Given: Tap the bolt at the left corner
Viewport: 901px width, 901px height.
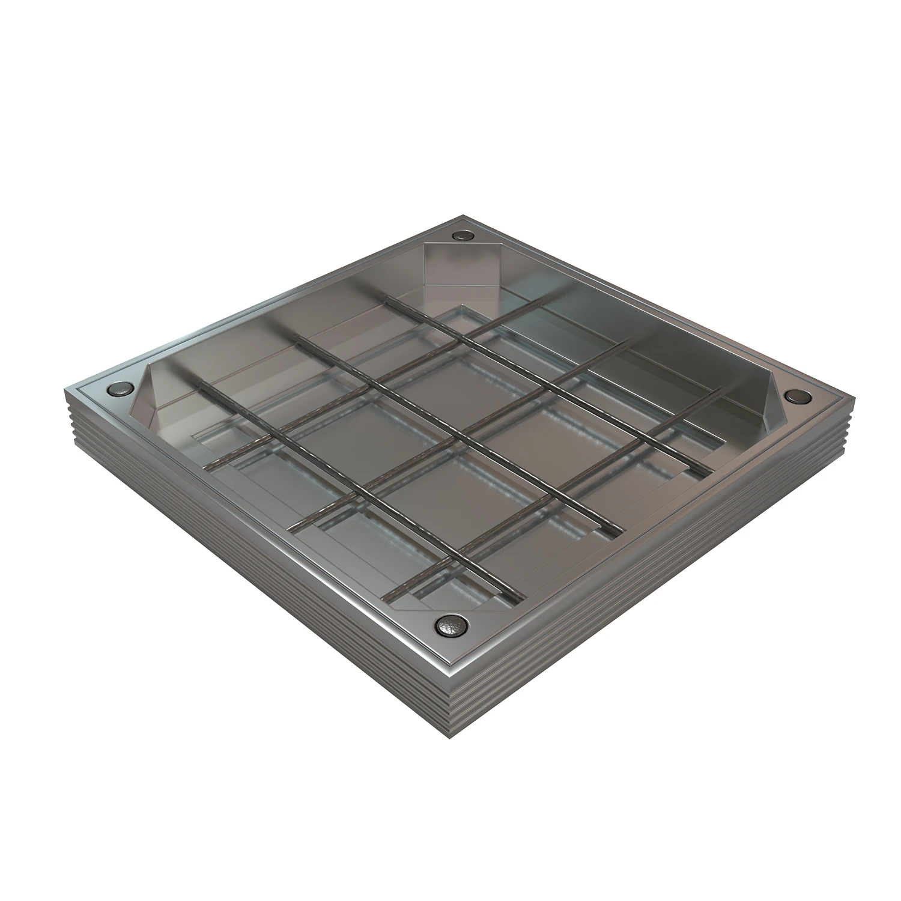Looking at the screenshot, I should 118,391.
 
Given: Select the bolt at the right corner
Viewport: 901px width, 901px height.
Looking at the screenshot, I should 798,396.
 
